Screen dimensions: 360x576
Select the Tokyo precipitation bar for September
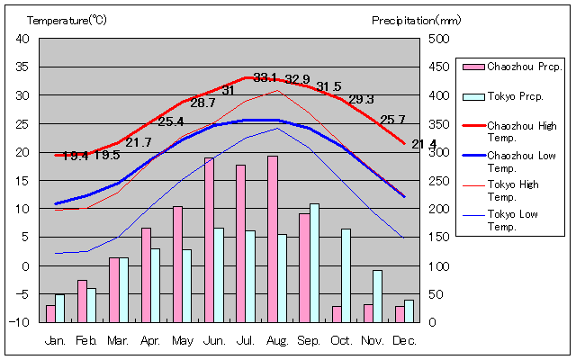(314, 263)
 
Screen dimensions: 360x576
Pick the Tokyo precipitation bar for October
(346, 275)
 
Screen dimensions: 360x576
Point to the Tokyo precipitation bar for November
(378, 296)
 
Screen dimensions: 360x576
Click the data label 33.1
(265, 77)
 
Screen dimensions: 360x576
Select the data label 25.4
(170, 121)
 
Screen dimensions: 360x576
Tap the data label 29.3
(361, 99)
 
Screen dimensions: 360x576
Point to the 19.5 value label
(107, 155)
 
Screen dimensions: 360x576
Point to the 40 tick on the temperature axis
(22, 39)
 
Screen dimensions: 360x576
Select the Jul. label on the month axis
(245, 341)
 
